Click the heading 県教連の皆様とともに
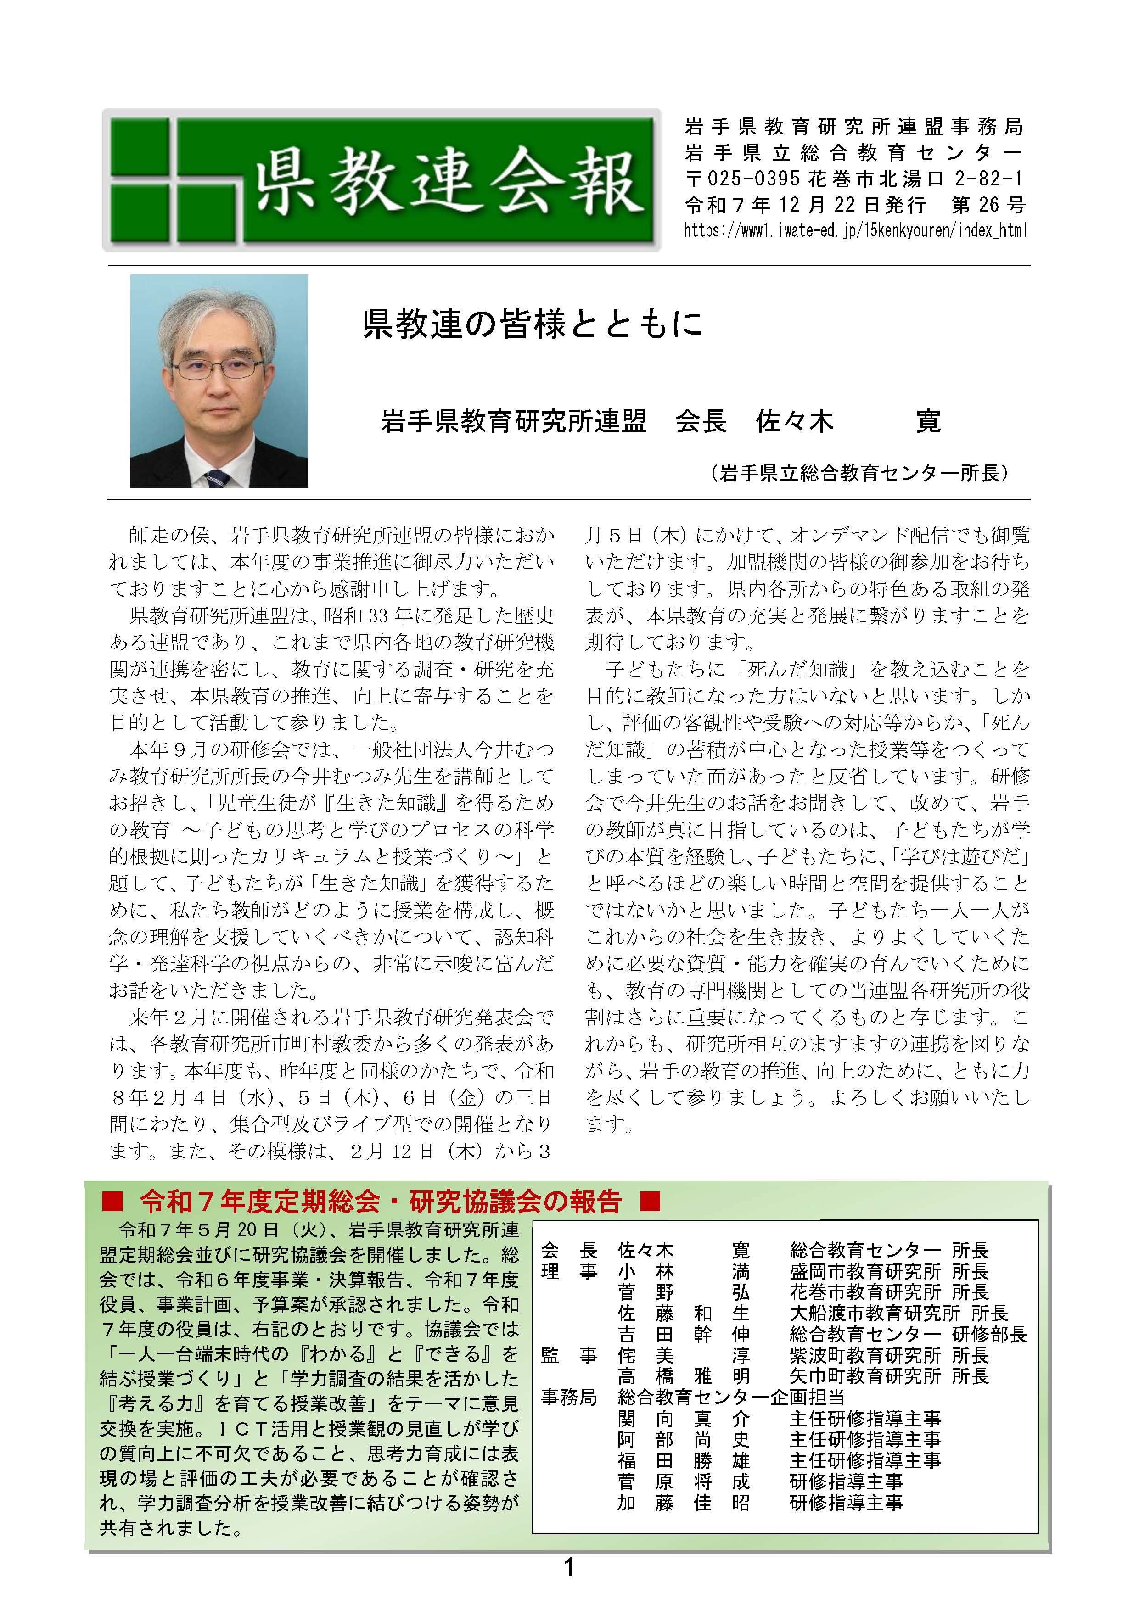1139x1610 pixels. pyautogui.click(x=533, y=324)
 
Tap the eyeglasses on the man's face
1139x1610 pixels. pyautogui.click(x=218, y=368)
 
